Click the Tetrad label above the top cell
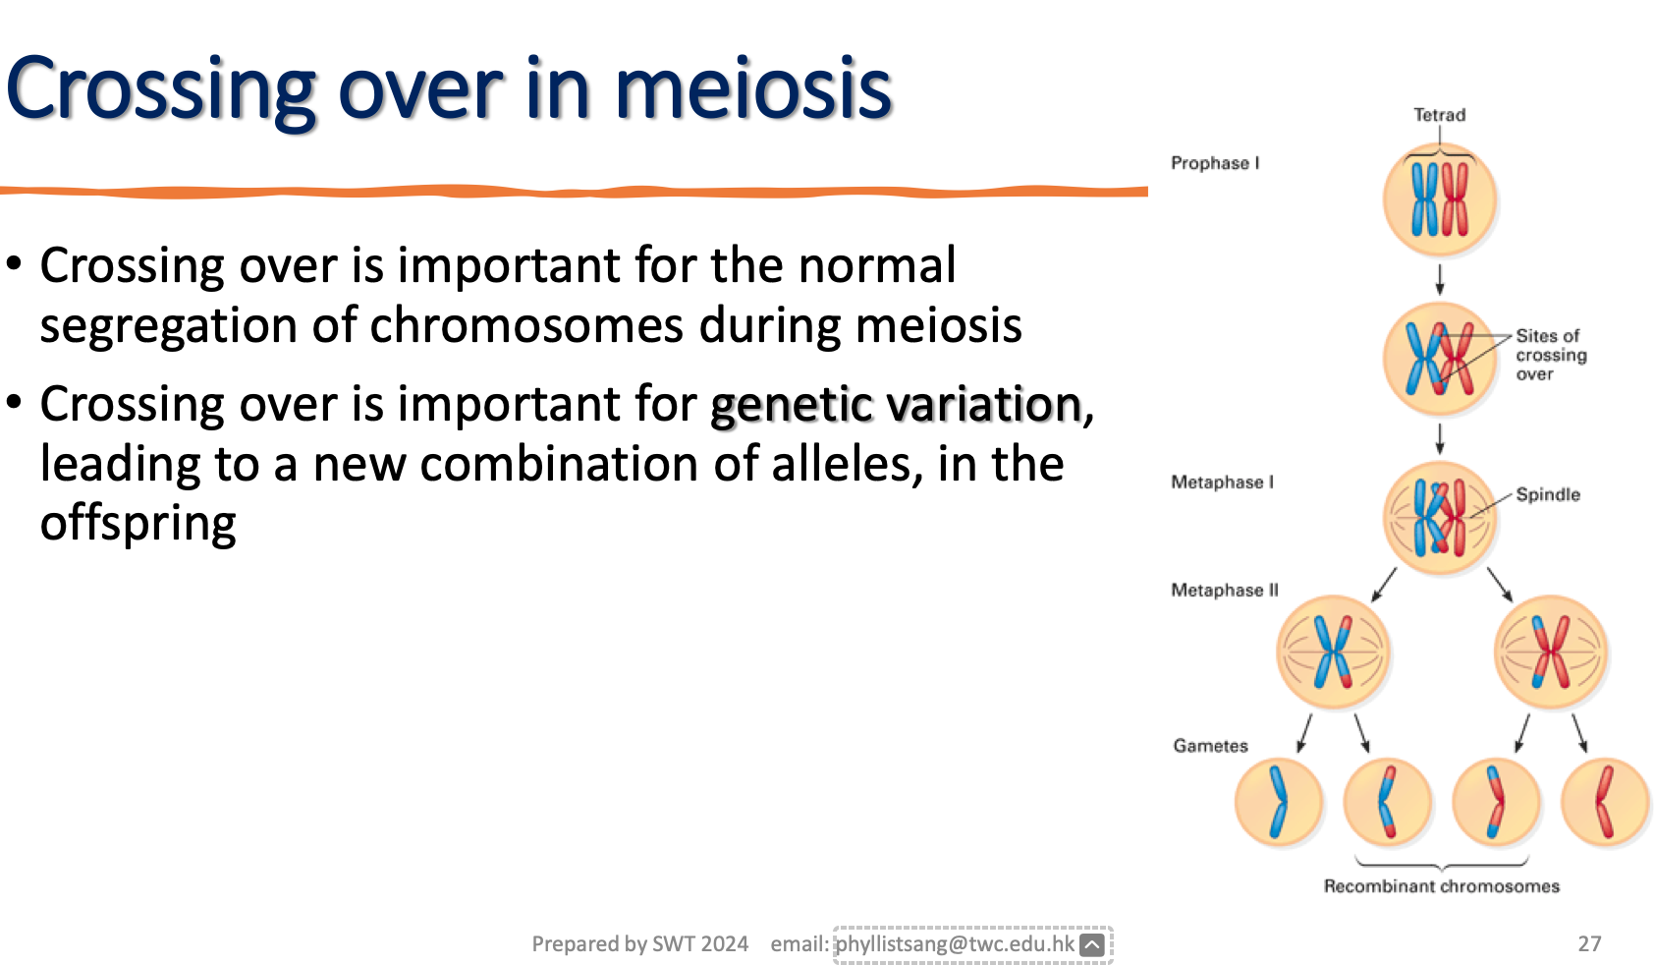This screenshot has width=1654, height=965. pos(1439,115)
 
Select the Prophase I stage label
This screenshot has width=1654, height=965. pos(1214,163)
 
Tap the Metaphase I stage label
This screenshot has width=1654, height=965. pos(1221,482)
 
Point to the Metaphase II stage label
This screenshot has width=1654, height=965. pos(1224,591)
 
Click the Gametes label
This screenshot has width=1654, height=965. pos(1210,746)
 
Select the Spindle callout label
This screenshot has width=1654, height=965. pos(1547,494)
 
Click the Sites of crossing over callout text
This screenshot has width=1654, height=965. pos(1550,355)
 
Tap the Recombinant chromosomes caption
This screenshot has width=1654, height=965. pos(1441,886)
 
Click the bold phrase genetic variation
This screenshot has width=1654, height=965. pos(895,405)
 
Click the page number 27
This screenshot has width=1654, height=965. pos(1589,944)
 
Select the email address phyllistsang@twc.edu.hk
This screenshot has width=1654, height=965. pos(955,944)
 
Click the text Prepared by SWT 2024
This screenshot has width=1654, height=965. pos(639,944)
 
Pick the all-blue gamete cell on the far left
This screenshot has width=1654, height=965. pos(1278,803)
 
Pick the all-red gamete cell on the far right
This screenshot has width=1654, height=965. pos(1605,803)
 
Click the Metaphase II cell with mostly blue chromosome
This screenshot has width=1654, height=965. pos(1333,653)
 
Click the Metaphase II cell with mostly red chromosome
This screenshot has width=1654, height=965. pos(1551,653)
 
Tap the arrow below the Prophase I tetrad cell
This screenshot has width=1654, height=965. pos(1440,279)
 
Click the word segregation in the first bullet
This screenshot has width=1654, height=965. pos(167,326)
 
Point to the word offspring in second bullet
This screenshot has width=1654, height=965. pos(138,524)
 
